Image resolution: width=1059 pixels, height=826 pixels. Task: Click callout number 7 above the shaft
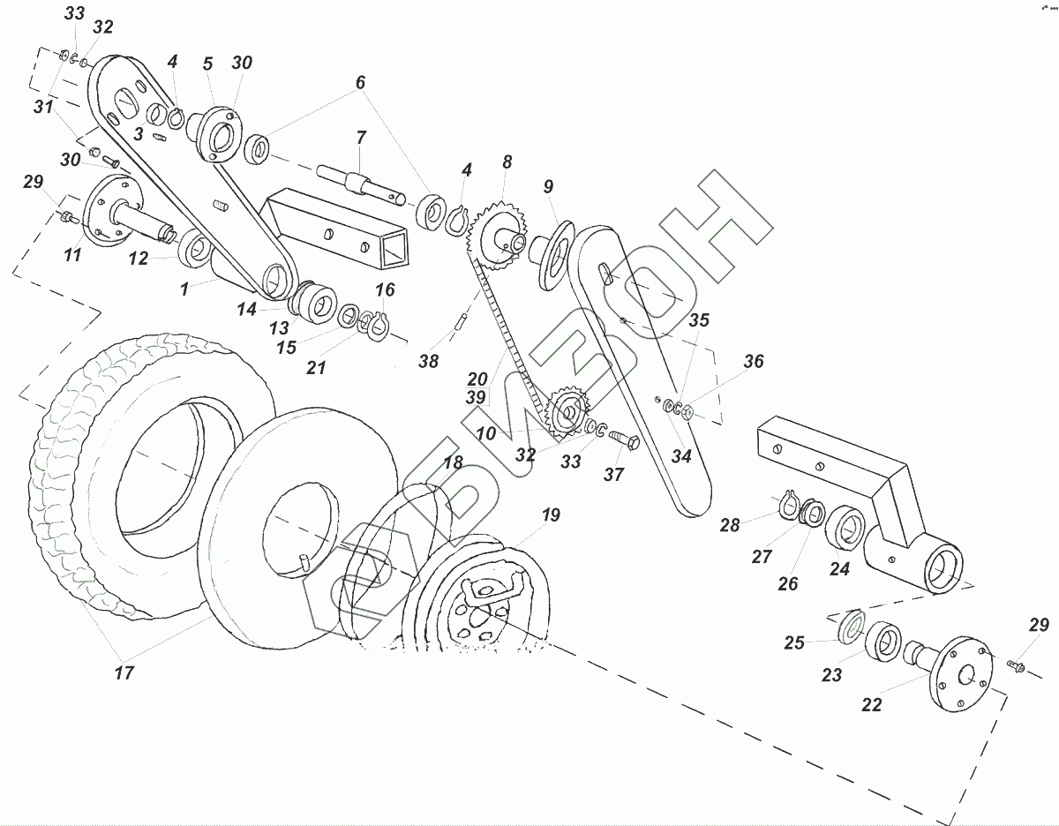tap(360, 138)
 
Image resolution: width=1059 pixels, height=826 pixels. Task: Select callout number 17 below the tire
tap(124, 672)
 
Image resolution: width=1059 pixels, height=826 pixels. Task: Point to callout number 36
tap(753, 361)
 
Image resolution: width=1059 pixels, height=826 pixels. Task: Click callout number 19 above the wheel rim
tap(551, 515)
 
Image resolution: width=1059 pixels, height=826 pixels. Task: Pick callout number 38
tap(429, 361)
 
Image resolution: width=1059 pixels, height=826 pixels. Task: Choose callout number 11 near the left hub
tap(72, 255)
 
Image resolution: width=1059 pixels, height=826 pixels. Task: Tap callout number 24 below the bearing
tap(838, 569)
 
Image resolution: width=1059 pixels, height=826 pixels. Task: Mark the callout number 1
tap(185, 289)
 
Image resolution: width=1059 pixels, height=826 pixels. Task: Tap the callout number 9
tap(548, 186)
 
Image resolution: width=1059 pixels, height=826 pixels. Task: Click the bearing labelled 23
tap(882, 642)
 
